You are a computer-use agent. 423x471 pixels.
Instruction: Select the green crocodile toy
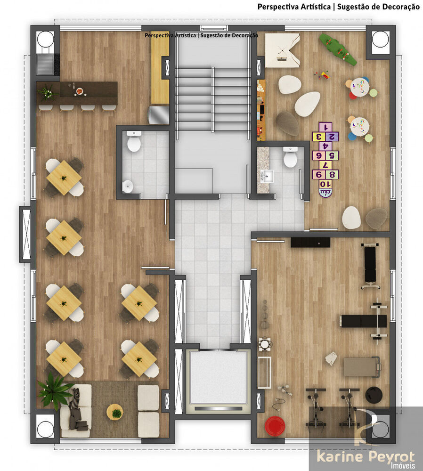pyautogui.click(x=338, y=49)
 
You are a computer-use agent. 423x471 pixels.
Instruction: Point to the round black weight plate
pyautogui.click(x=374, y=394)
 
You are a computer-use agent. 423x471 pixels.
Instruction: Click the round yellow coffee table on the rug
pyautogui.click(x=114, y=412)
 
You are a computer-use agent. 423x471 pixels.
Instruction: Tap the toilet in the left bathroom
pyautogui.click(x=134, y=142)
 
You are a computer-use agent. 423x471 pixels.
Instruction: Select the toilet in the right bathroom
pyautogui.click(x=290, y=158)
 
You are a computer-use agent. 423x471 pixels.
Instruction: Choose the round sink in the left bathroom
pyautogui.click(x=128, y=187)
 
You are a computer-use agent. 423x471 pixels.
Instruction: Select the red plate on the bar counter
pyautogui.click(x=80, y=90)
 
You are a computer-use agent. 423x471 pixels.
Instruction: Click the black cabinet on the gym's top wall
pyautogui.click(x=310, y=242)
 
